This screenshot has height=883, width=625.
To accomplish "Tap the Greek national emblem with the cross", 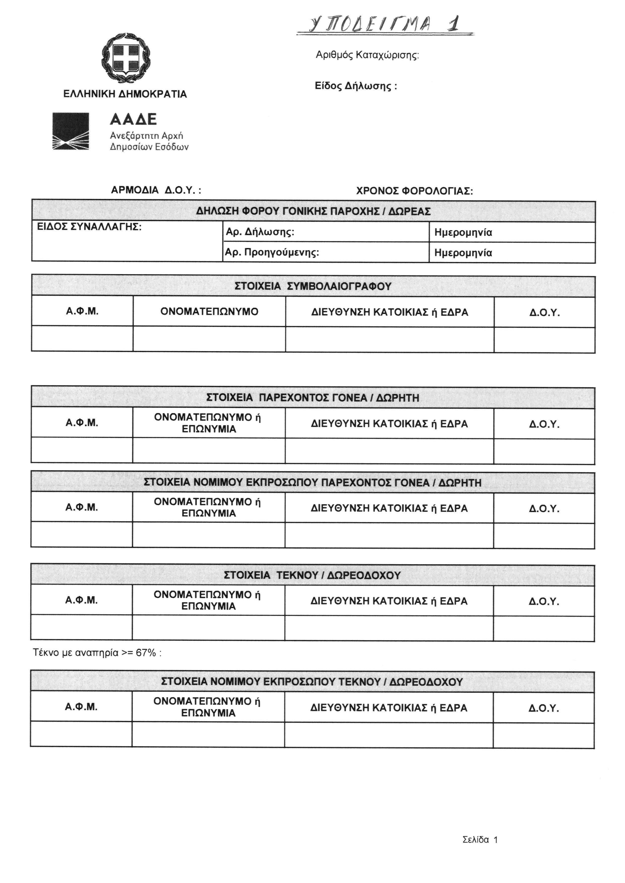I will click(x=126, y=58).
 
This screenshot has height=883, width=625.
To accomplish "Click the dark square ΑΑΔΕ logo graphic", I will click(x=71, y=131).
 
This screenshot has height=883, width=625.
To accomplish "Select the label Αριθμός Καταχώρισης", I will click(x=367, y=55).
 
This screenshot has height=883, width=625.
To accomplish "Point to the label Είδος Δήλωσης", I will click(x=356, y=86).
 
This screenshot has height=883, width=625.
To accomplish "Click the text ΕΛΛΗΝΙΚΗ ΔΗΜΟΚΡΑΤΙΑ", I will click(x=125, y=94).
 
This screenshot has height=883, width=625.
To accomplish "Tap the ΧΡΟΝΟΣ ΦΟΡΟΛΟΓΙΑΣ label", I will click(x=415, y=191).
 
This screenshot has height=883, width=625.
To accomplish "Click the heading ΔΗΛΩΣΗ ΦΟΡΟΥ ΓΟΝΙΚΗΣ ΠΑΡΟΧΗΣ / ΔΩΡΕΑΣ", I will click(x=313, y=211).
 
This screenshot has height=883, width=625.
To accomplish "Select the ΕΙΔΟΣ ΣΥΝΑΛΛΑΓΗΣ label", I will click(x=89, y=227).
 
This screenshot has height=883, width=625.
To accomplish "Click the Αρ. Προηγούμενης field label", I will click(x=272, y=253).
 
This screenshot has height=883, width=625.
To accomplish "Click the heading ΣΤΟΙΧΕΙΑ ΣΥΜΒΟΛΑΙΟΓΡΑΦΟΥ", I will click(x=313, y=286).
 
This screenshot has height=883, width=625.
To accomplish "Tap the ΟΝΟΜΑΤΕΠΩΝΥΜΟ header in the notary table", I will click(x=209, y=311).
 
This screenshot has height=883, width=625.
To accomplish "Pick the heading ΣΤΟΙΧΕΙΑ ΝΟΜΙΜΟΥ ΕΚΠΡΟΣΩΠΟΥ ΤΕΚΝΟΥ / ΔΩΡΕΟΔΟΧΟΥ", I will click(x=312, y=682).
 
